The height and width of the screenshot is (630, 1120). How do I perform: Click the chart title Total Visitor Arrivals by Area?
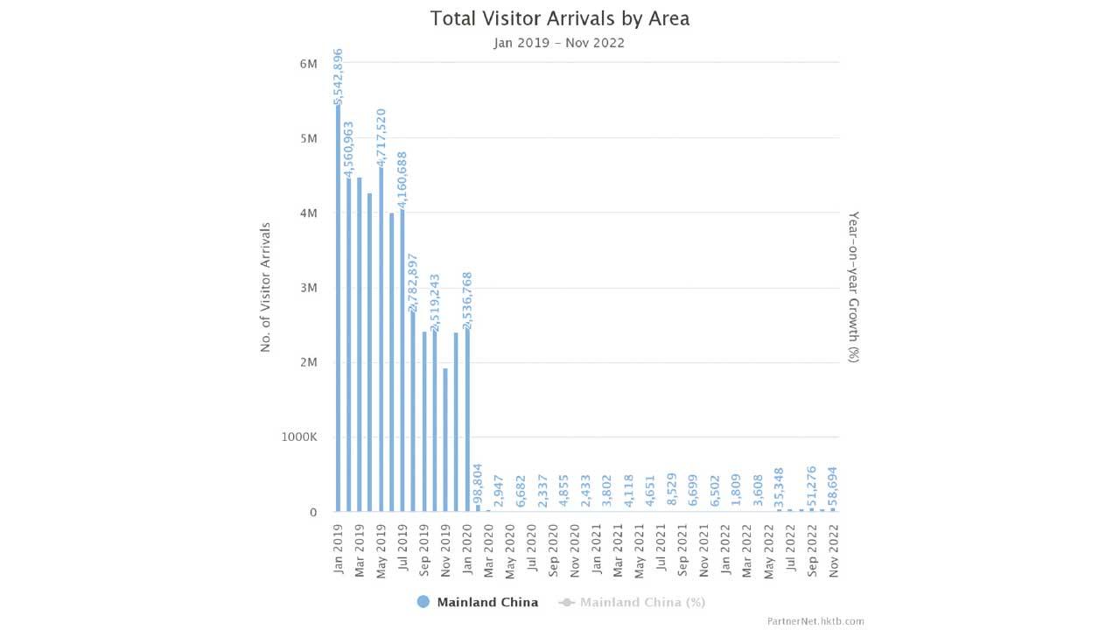[x=559, y=18]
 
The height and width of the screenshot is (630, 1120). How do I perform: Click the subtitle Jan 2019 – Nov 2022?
[x=559, y=43]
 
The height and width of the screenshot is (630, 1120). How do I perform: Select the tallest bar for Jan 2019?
[x=339, y=306]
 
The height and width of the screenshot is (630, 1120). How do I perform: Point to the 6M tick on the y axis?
[x=308, y=64]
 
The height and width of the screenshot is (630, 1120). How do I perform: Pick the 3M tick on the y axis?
[x=308, y=288]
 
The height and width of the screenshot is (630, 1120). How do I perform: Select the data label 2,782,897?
[x=413, y=282]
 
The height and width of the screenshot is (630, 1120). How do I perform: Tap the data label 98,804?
[x=478, y=485]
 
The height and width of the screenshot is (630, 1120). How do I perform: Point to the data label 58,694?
[x=833, y=487]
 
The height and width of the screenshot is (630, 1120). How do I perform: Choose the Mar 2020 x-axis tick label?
[x=487, y=549]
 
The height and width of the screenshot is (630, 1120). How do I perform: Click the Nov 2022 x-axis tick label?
[x=833, y=549]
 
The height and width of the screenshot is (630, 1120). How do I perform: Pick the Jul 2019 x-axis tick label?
[x=402, y=549]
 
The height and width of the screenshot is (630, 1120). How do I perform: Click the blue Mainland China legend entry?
[x=478, y=602]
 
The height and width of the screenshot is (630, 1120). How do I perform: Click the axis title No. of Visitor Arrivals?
[x=266, y=287]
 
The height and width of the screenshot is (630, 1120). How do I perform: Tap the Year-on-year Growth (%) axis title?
[x=854, y=287]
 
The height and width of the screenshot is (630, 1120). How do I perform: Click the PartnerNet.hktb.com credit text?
[x=815, y=621]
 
